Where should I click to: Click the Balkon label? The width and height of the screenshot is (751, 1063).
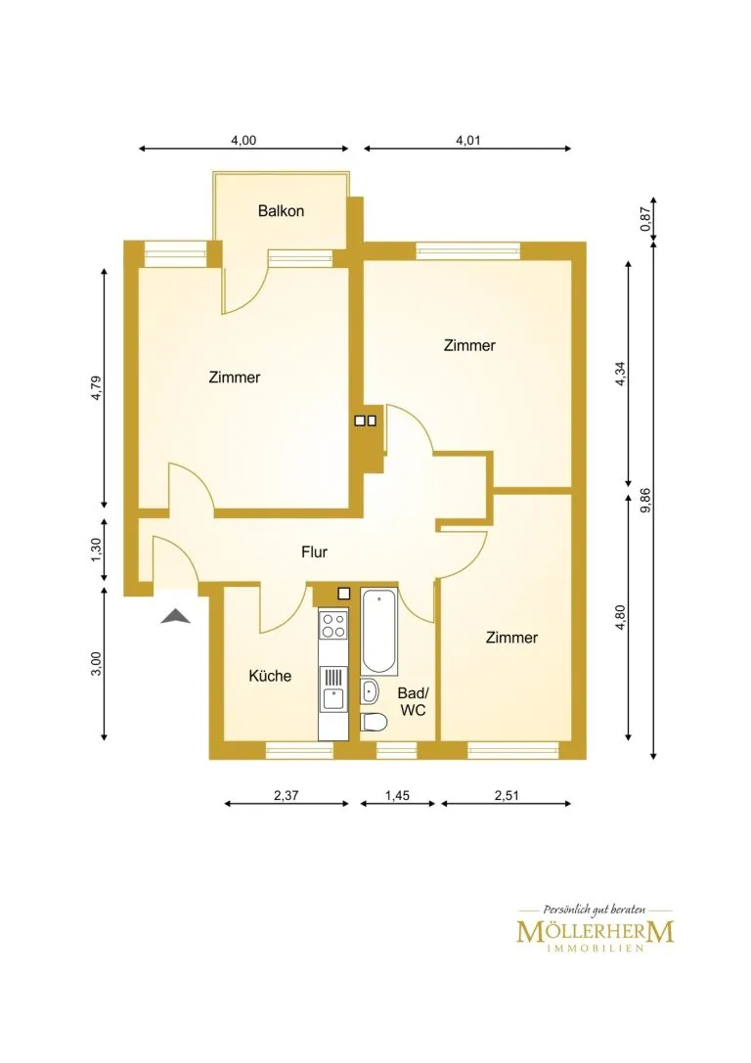point(281,211)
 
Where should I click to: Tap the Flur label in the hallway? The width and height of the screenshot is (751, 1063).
point(315,552)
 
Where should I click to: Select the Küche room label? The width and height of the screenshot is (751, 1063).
point(270,675)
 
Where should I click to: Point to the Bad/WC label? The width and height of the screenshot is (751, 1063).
point(413,702)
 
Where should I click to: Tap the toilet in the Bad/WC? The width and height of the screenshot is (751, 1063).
point(373,722)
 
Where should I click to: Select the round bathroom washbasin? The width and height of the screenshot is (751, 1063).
point(370,691)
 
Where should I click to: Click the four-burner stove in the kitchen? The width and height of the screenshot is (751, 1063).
point(332,624)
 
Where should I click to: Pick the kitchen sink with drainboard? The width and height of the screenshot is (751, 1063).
point(332,688)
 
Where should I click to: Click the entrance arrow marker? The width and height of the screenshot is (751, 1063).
point(176,615)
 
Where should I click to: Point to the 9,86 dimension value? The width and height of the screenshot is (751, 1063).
point(645,501)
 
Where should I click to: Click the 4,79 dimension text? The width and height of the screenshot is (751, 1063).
point(96,388)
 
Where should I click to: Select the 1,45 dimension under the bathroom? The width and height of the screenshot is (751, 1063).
point(397,795)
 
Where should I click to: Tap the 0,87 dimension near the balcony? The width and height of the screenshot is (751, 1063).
point(645,219)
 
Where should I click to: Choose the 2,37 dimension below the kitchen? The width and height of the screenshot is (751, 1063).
point(287,795)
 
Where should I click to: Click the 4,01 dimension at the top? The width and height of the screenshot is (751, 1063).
point(467,141)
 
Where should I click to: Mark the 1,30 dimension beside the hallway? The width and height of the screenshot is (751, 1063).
point(96,550)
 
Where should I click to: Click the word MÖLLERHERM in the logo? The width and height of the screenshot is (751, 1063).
point(596,932)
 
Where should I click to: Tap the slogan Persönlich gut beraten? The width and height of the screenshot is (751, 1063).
point(595,909)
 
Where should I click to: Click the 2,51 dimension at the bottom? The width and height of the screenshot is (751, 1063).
point(507,795)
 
